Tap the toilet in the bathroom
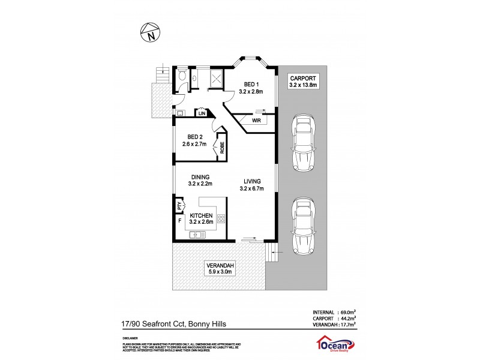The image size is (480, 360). pos(182,77)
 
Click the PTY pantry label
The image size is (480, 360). pos(179,206)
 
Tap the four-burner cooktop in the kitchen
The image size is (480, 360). pos(221,219)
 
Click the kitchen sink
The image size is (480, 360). pos(196,235)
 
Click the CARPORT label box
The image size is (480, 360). pos(304,81)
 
